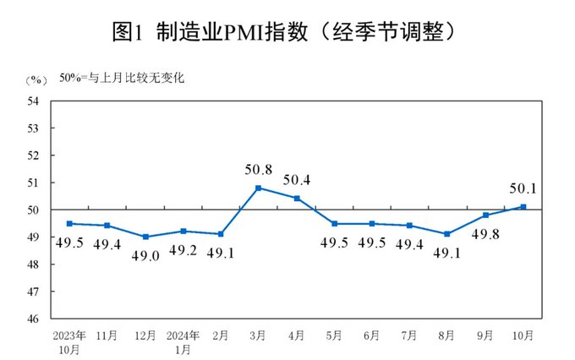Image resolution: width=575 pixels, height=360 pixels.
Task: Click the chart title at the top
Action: tap(287, 32)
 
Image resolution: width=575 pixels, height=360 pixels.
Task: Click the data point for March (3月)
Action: tap(258, 188)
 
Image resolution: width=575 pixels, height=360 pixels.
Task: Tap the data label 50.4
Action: tap(296, 179)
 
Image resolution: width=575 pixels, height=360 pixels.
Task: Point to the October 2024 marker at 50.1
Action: tap(524, 206)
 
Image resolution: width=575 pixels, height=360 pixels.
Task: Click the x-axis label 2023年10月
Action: tap(68, 340)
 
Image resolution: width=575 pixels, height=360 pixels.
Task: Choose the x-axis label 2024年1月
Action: tap(183, 340)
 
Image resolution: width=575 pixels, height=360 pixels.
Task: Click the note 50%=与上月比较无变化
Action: tap(122, 79)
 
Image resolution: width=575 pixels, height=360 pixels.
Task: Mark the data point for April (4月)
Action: tap(296, 199)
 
